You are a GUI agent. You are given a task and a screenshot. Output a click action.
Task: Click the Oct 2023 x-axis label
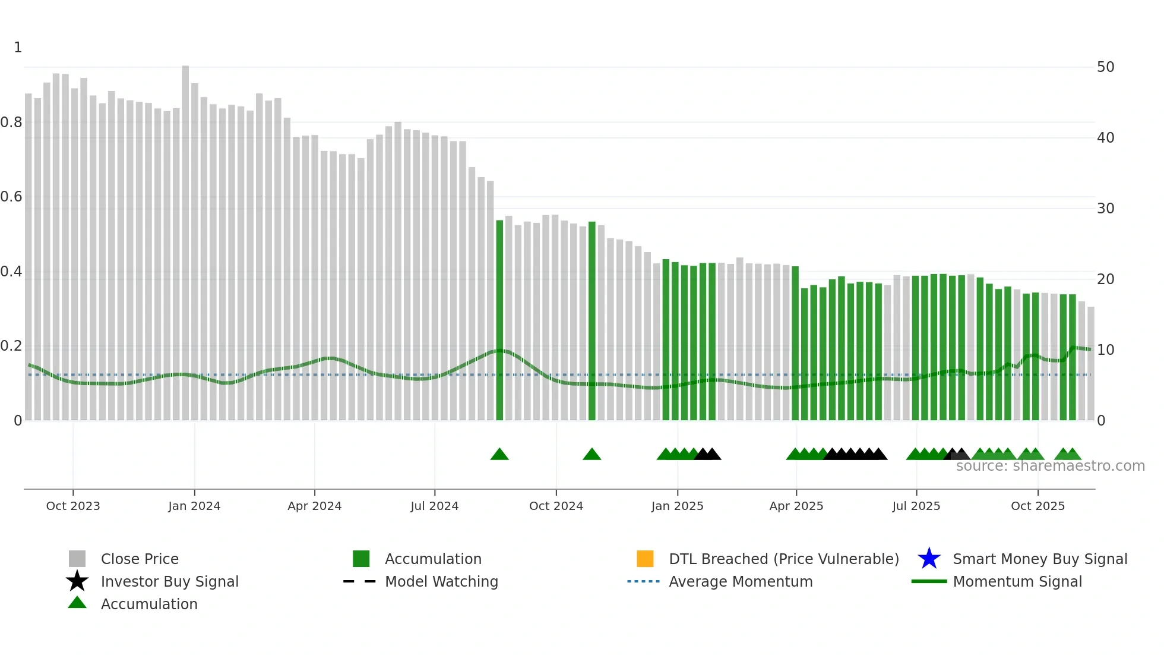pyautogui.click(x=73, y=506)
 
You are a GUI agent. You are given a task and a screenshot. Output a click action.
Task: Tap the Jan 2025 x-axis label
pyautogui.click(x=677, y=506)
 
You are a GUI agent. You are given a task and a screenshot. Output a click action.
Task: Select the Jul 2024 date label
pyautogui.click(x=434, y=506)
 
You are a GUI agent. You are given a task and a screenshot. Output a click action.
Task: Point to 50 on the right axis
pyautogui.click(x=1105, y=67)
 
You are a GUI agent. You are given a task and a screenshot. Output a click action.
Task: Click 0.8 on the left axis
pyautogui.click(x=11, y=122)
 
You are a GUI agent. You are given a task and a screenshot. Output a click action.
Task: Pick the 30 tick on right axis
pyautogui.click(x=1105, y=209)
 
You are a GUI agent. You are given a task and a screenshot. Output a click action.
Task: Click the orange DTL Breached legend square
pyautogui.click(x=645, y=559)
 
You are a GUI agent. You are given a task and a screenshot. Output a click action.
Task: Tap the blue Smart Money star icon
pyautogui.click(x=929, y=559)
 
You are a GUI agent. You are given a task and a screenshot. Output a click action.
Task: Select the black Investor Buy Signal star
pyautogui.click(x=77, y=581)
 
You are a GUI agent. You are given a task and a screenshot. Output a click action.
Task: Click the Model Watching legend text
pyautogui.click(x=441, y=581)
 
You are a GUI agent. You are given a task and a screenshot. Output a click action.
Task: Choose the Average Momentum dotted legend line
pyautogui.click(x=643, y=581)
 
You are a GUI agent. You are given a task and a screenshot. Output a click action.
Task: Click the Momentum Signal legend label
pyautogui.click(x=1017, y=581)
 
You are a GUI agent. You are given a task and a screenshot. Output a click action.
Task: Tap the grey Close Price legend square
pyautogui.click(x=77, y=559)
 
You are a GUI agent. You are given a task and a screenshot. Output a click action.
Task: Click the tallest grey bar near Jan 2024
pyautogui.click(x=185, y=238)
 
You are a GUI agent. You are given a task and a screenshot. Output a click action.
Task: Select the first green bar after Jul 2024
pyautogui.click(x=499, y=321)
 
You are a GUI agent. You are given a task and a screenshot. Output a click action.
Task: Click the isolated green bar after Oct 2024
pyautogui.click(x=592, y=321)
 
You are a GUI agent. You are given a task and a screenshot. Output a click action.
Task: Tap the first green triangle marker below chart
pyautogui.click(x=499, y=455)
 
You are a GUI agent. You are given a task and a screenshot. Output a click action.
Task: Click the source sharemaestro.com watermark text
pyautogui.click(x=1050, y=466)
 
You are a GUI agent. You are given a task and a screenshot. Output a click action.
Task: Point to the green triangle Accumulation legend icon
pyautogui.click(x=77, y=603)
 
